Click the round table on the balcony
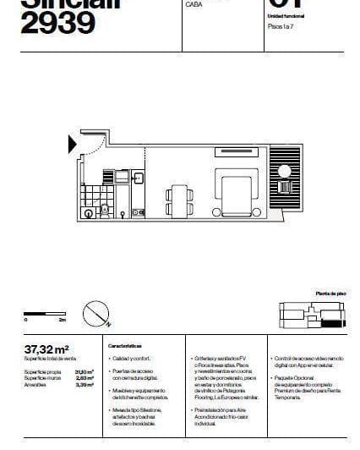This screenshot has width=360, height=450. pos(286,187)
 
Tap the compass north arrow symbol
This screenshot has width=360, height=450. pos(95,315)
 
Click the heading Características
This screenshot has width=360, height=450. pos(124,347)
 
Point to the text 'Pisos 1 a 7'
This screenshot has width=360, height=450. pos(281,27)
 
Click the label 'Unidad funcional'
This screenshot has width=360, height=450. pos(284,16)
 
